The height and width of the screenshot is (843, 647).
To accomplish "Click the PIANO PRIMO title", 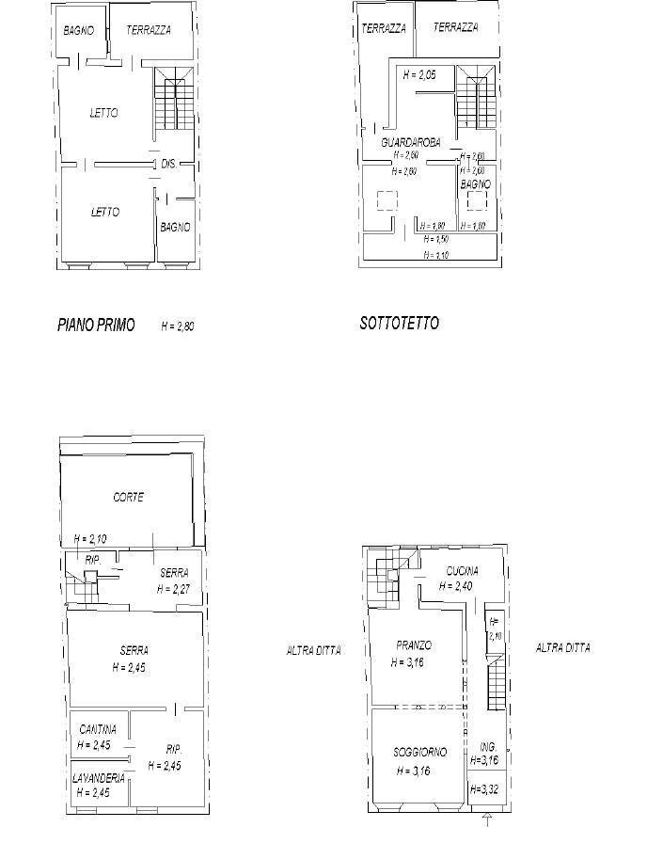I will (96, 326).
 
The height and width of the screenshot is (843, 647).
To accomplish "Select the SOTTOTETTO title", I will (399, 324).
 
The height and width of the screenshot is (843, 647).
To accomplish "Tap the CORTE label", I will (128, 497).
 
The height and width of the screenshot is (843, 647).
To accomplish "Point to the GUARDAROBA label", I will (411, 143).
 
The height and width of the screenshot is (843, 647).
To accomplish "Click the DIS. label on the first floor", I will (169, 165).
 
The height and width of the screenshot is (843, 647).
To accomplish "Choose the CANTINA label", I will (98, 729).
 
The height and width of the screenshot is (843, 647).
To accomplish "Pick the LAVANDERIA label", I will (99, 778).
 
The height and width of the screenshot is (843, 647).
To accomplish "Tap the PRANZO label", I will (414, 645).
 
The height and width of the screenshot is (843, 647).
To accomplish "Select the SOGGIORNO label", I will (419, 752).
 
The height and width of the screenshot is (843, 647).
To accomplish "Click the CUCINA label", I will (462, 571).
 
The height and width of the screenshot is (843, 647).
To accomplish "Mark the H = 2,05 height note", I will (418, 74).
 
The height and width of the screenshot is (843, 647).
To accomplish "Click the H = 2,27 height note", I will (174, 589).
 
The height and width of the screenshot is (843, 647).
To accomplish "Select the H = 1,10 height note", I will (435, 255).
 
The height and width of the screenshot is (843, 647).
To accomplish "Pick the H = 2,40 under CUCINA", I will (455, 586).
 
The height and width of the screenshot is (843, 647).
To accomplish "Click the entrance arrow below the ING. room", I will (487, 822).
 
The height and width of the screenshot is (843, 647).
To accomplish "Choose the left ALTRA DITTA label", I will (313, 650).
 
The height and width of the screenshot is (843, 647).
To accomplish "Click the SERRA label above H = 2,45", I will (134, 650).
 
